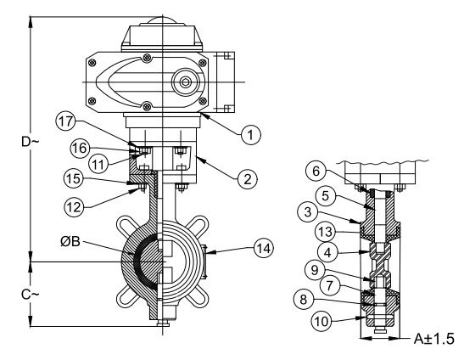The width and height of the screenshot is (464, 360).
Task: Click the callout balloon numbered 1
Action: click(x=250, y=135)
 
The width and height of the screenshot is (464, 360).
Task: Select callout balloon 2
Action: click(x=248, y=179)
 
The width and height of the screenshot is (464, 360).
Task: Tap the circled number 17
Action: click(x=65, y=121)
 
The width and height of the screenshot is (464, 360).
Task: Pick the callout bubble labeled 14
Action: click(x=264, y=248)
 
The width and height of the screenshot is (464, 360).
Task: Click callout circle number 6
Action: click(x=316, y=171)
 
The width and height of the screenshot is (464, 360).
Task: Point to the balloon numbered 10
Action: click(x=321, y=321)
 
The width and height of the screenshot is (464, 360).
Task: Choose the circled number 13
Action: click(x=325, y=232)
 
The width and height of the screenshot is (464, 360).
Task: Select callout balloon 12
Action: click(x=74, y=207)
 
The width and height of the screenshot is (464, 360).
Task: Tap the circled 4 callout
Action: click(x=327, y=252)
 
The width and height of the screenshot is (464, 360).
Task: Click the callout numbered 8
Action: click(x=304, y=299)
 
